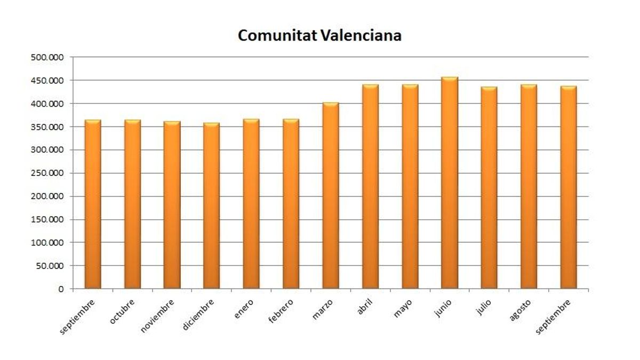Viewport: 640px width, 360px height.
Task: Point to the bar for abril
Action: click(370, 186)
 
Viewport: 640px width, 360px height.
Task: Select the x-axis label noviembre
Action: click(158, 316)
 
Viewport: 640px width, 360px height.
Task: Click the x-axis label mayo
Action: click(403, 308)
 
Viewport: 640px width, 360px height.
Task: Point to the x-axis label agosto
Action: click(520, 310)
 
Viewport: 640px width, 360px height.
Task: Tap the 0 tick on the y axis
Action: click(60, 289)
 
